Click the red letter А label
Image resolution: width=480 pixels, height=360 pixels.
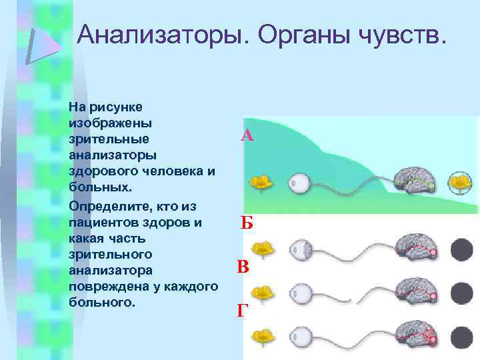[247, 136]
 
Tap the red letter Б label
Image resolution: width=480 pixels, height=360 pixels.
[247, 223]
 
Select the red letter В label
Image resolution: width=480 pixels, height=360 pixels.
[243, 268]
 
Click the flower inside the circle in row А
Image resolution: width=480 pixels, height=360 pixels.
[458, 181]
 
